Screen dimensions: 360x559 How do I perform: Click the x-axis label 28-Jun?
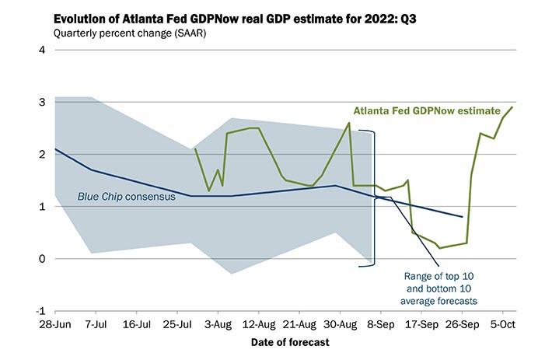55,323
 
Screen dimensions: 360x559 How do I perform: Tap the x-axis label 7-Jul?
96,323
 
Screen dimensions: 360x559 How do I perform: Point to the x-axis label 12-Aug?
257,323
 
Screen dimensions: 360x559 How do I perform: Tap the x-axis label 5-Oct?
500,323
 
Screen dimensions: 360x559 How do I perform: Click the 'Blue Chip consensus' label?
126,197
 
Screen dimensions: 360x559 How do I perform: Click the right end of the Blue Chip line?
463,217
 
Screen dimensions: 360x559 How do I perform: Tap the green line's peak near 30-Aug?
348,123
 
